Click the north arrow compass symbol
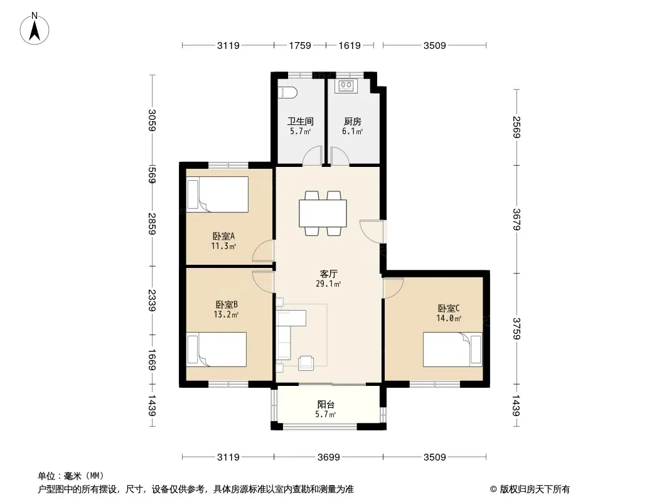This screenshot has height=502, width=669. point(35,29)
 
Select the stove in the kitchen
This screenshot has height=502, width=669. point(346,86)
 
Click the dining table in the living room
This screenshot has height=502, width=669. point(323,213)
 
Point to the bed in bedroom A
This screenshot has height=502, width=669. point(218,195)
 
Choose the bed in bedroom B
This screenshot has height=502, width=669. point(217,350)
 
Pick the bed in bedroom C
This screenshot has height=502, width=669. point(452,350)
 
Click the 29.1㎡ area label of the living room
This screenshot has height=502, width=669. point(328,284)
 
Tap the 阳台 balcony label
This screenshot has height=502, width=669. point(326,404)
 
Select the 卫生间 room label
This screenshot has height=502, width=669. point(301,121)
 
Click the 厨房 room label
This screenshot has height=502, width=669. point(353,121)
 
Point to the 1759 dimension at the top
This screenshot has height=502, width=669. point(300,45)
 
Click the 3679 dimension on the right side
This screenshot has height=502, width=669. point(516,219)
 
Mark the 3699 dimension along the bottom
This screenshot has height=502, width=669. point(328,457)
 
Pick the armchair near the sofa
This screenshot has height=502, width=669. point(306,363)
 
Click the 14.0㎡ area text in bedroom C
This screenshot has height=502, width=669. point(449,318)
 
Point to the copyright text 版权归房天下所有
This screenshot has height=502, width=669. point(535,489)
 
